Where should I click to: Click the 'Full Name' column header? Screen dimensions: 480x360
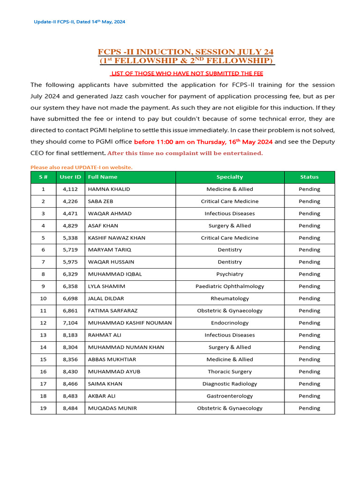pos(103,177)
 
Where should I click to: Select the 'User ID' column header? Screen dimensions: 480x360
pos(70,177)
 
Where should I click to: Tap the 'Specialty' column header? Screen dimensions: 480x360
pos(230,177)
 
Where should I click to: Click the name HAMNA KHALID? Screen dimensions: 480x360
pos(109,189)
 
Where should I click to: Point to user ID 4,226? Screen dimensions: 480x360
pos(70,201)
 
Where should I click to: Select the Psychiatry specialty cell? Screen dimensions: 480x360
pos(230,274)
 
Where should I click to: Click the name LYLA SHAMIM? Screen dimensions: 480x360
pos(106,286)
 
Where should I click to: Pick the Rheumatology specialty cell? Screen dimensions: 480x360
pos(230,299)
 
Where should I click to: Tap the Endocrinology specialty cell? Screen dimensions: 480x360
pos(230,323)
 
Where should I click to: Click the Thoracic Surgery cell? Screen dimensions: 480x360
pos(230,372)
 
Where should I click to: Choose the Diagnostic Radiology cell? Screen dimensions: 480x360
pos(230,384)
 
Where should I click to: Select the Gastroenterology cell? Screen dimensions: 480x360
pos(230,396)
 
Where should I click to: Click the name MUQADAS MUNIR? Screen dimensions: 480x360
pos(112,408)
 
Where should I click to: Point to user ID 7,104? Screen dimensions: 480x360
pos(70,323)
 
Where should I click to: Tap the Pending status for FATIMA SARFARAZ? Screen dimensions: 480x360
pos(309,311)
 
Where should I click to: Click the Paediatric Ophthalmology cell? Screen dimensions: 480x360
pos(230,286)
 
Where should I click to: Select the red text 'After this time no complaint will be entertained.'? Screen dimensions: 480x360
pos(185,153)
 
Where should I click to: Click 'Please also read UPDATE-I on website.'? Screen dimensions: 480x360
pos(82,167)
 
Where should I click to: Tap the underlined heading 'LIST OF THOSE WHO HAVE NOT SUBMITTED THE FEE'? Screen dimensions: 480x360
pos(187,73)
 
